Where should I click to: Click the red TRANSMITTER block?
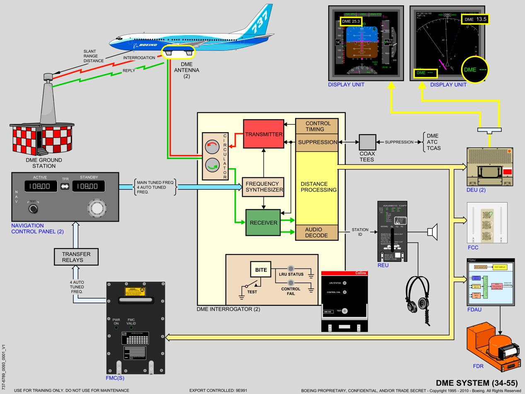coord(264,134)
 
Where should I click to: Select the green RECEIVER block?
coord(263,222)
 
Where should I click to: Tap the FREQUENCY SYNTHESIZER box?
coord(263,187)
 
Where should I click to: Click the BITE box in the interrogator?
coord(261,270)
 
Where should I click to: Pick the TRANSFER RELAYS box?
coord(76,257)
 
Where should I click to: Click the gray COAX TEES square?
coord(367,142)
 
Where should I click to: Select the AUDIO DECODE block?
coord(317,232)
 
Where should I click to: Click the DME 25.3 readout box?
coord(351,21)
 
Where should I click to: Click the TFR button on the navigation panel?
coord(65,187)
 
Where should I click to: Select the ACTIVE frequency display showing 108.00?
coord(40,187)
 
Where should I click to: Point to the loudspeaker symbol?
coord(433,232)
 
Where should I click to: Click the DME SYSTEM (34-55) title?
coord(479,382)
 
